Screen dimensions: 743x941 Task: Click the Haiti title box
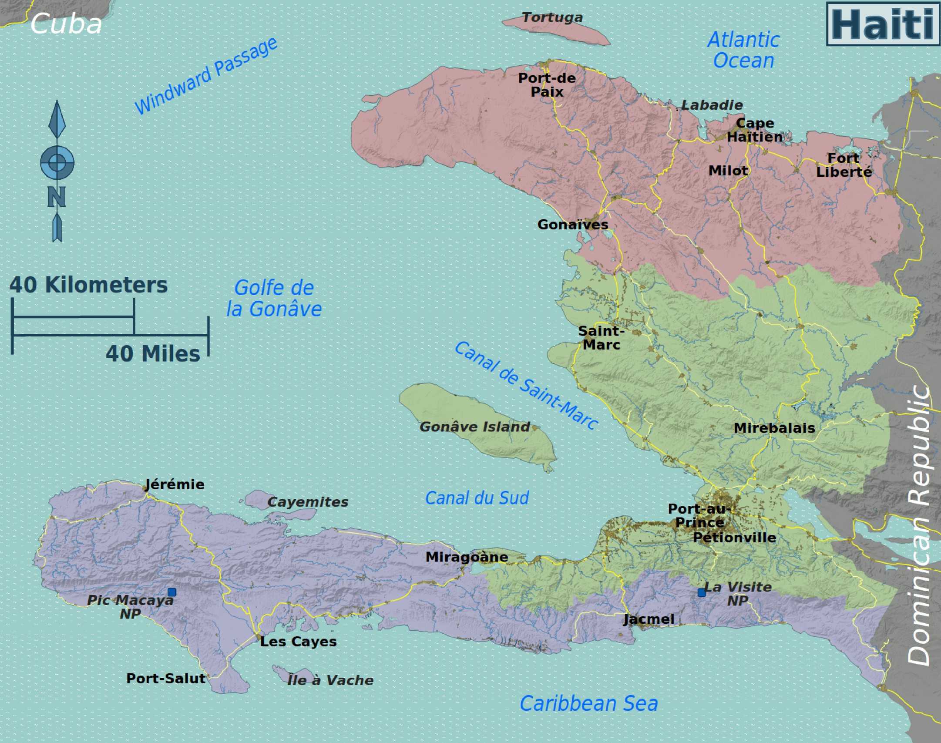(x=882, y=24)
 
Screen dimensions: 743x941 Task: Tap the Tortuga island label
(x=552, y=17)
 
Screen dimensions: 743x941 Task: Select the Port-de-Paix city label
(x=547, y=85)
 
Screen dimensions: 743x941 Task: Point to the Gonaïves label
(x=572, y=225)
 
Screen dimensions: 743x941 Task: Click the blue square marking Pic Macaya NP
(x=172, y=592)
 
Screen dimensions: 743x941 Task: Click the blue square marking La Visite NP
(x=701, y=592)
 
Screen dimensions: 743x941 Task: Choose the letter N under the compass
(x=57, y=197)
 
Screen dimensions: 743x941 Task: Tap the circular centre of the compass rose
(x=57, y=162)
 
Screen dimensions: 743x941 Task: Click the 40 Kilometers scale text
(x=88, y=285)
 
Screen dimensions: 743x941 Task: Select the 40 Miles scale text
(x=153, y=353)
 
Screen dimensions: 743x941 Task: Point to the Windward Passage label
(x=205, y=76)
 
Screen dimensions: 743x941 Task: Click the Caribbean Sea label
(x=588, y=704)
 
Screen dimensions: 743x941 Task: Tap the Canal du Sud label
(x=477, y=498)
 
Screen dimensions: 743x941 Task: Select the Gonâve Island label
(x=474, y=427)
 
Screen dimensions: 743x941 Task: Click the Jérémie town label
(x=174, y=484)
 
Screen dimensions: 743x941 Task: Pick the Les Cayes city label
(x=298, y=642)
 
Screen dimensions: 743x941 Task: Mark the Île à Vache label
(x=330, y=680)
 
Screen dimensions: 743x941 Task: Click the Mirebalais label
(x=774, y=428)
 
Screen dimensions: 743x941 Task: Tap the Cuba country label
(x=66, y=24)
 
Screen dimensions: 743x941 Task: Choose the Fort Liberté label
(x=844, y=165)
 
